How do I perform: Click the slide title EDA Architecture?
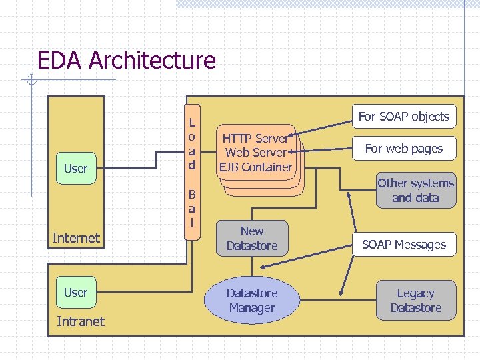coord(127,61)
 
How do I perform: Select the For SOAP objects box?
coord(404,117)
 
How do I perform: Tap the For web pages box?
coord(404,149)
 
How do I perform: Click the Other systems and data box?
coord(415,191)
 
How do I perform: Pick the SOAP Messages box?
coord(404,245)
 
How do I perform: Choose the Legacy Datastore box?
coord(415,301)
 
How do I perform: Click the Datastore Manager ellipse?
coord(251,301)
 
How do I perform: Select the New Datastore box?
coord(251,239)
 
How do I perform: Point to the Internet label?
coord(76,238)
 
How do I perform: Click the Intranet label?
coord(81,321)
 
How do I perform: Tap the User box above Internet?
coord(75,169)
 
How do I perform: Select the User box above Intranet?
coord(75,293)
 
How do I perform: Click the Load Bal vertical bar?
coord(192,173)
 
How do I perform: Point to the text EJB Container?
coord(257,167)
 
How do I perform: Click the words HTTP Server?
coord(255,139)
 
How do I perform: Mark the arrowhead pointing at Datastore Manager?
coord(342,292)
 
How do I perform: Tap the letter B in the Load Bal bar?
coord(192,195)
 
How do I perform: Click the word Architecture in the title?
coord(152,61)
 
